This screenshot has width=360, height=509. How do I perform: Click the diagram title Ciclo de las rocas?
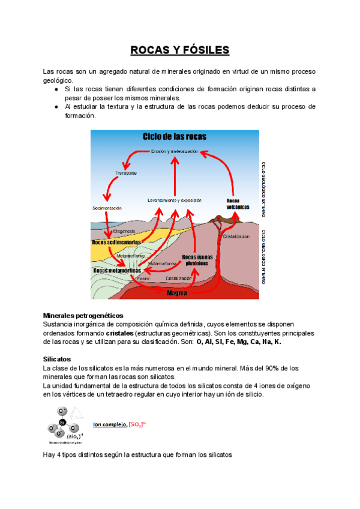click(x=174, y=137)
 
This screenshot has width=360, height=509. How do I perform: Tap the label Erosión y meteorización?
click(x=175, y=151)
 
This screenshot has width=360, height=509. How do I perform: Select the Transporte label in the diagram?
click(x=126, y=173)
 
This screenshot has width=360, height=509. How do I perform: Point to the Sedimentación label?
click(x=107, y=208)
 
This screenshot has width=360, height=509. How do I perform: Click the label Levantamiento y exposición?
click(x=175, y=200)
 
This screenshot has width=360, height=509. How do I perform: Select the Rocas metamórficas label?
click(x=116, y=271)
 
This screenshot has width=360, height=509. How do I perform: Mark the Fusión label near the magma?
click(x=143, y=279)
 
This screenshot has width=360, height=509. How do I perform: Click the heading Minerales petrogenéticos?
click(x=83, y=315)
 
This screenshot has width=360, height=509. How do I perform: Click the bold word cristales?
click(x=119, y=333)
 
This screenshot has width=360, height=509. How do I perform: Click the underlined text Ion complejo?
click(x=109, y=425)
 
